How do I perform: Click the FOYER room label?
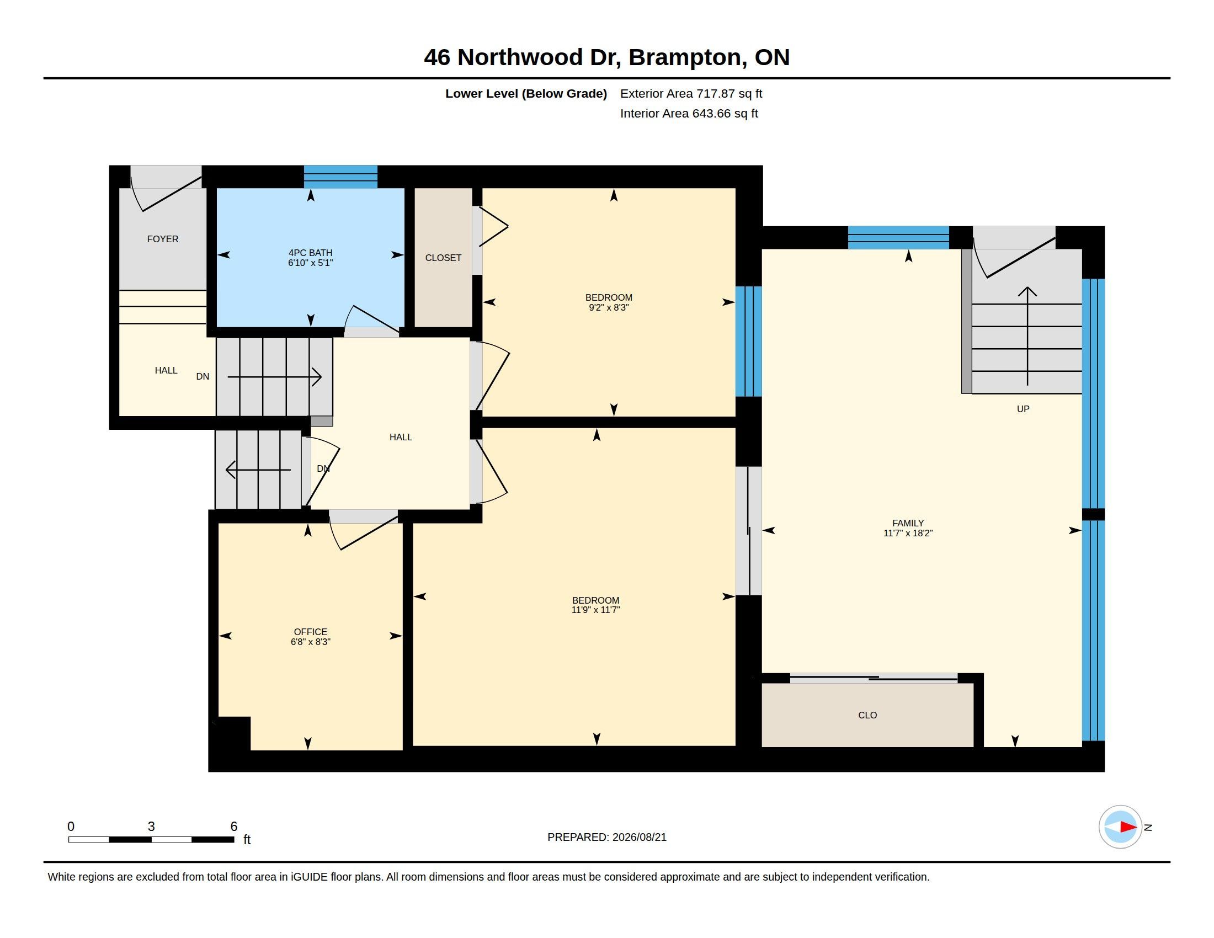click(x=162, y=239)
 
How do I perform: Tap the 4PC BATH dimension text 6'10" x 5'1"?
click(x=310, y=263)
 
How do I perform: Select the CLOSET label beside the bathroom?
click(x=443, y=258)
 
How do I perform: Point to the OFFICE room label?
click(x=310, y=632)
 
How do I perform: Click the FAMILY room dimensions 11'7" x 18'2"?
click(x=908, y=533)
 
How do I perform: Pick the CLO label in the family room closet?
click(x=867, y=715)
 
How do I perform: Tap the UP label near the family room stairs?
click(x=1023, y=409)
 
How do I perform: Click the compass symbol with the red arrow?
click(x=1120, y=827)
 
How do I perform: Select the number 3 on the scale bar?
click(x=151, y=827)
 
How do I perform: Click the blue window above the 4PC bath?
click(x=340, y=177)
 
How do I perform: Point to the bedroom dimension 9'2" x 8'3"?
click(x=609, y=307)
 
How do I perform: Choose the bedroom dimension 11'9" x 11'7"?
click(x=595, y=610)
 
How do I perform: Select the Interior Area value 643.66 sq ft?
click(x=725, y=113)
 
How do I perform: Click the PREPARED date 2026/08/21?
click(x=639, y=837)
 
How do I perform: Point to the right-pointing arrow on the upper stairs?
click(x=275, y=377)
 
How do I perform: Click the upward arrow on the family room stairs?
click(x=1027, y=336)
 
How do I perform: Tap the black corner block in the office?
click(x=232, y=733)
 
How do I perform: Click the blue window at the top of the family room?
click(x=898, y=237)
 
